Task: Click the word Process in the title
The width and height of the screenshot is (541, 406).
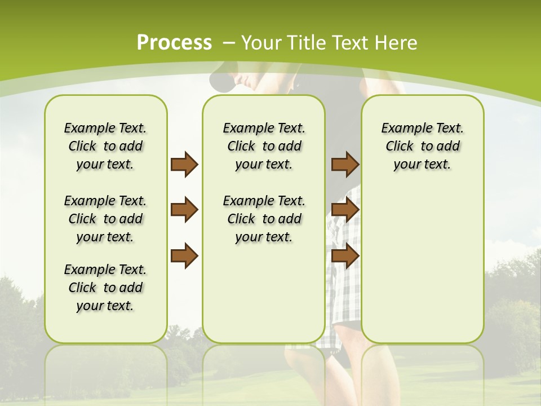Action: pyautogui.click(x=174, y=42)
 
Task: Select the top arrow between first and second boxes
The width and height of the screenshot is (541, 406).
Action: pyautogui.click(x=184, y=164)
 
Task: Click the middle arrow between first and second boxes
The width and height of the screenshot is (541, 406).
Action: pyautogui.click(x=184, y=210)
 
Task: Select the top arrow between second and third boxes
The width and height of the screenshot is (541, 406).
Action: pyautogui.click(x=345, y=164)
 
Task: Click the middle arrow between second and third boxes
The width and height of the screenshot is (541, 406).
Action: pyautogui.click(x=345, y=210)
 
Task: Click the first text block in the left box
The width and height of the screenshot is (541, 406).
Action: pyautogui.click(x=105, y=146)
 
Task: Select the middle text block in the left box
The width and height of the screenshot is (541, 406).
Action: pyautogui.click(x=105, y=219)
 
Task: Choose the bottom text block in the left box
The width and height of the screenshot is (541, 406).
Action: pyautogui.click(x=105, y=288)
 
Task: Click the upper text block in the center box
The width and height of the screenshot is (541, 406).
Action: pyautogui.click(x=264, y=146)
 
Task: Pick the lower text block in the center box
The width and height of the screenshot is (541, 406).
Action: pyautogui.click(x=264, y=219)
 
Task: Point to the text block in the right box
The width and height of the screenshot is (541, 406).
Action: pyautogui.click(x=422, y=146)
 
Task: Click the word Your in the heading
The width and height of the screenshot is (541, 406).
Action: pyautogui.click(x=263, y=42)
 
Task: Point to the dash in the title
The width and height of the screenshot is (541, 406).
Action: pyautogui.click(x=229, y=42)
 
